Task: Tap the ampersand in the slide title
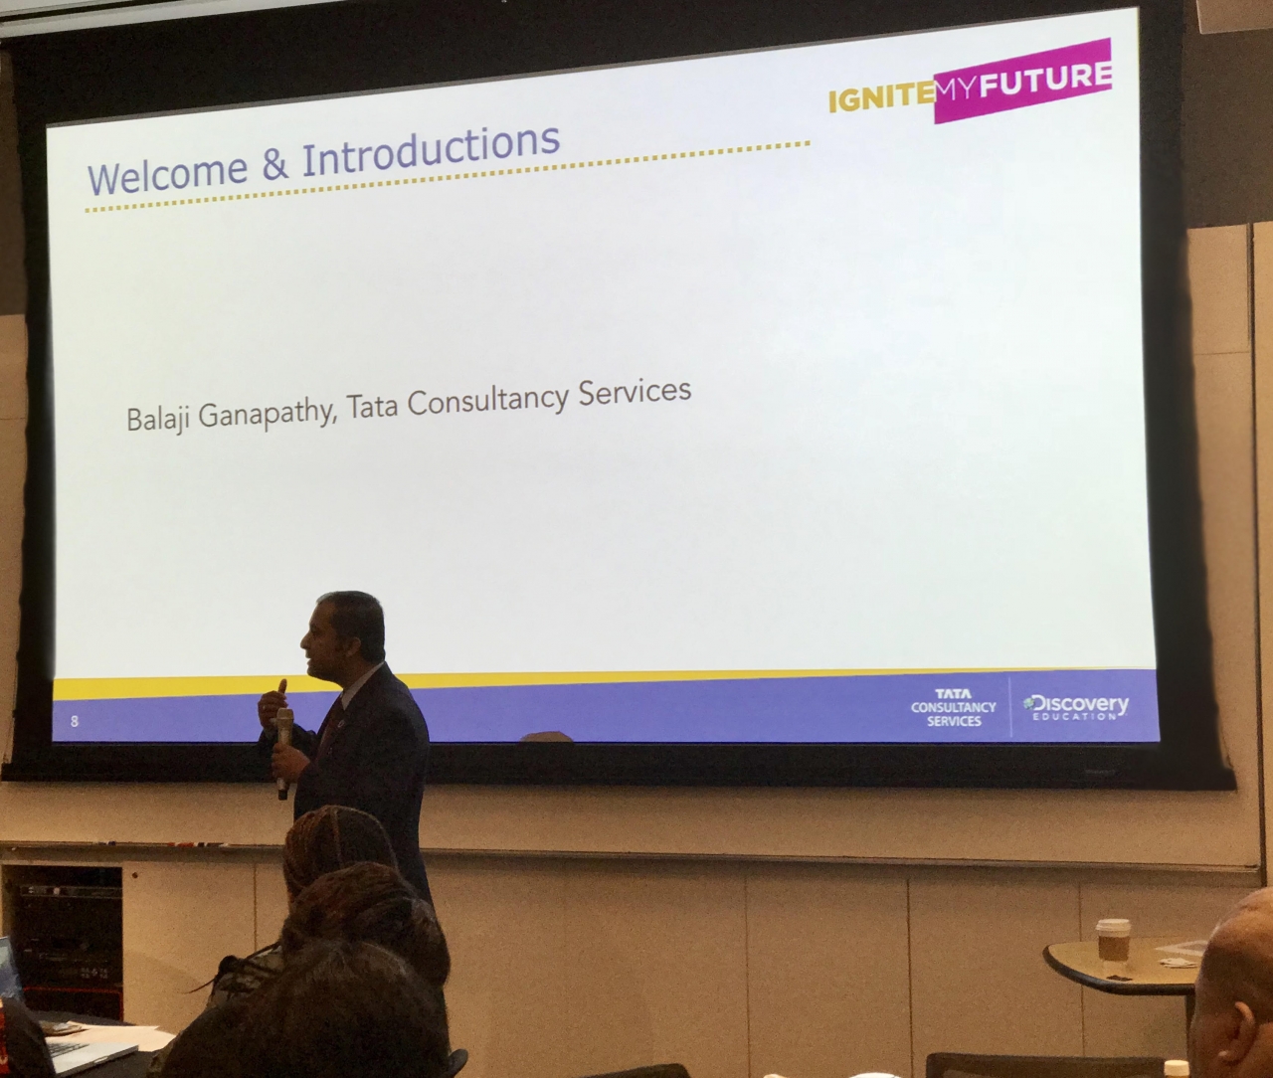coord(274,161)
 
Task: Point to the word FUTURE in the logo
coord(1045,80)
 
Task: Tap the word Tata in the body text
coord(373,404)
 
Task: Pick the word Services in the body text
coord(635,392)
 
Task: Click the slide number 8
coord(75,721)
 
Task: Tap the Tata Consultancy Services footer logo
coord(954,708)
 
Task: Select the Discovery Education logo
coord(1076,706)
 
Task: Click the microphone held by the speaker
coord(283,752)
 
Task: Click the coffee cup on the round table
coord(1113,940)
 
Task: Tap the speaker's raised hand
coord(273,702)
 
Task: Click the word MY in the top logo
coord(957,90)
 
